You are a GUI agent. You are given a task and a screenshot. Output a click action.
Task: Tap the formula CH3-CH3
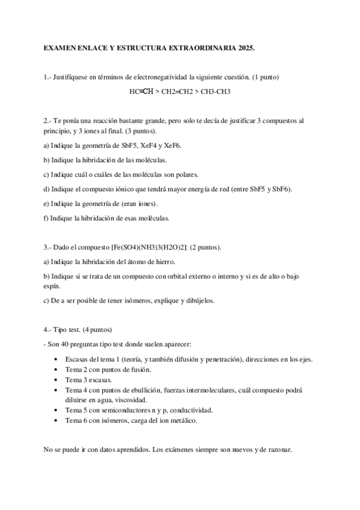pyautogui.click(x=216, y=91)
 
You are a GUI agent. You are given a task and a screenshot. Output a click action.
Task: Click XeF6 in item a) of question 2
pyautogui.click(x=172, y=146)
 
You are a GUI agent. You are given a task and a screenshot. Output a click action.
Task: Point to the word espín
pyautogui.click(x=53, y=286)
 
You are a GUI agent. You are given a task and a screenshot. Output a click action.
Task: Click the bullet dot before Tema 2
pyautogui.click(x=56, y=370)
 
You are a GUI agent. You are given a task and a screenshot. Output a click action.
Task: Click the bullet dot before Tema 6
pyautogui.click(x=56, y=420)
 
